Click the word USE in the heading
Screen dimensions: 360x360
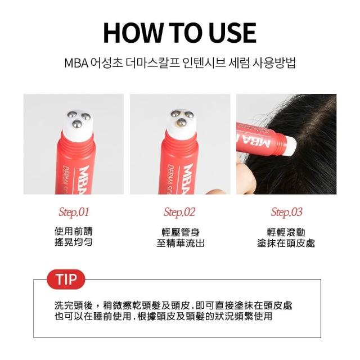click(232, 33)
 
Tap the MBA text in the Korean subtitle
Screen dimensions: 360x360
click(76, 64)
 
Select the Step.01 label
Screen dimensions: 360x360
click(74, 212)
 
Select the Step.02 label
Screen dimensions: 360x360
click(179, 212)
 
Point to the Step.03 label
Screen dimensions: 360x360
click(286, 212)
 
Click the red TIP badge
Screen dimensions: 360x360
click(66, 280)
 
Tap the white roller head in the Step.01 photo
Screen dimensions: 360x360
click(78, 125)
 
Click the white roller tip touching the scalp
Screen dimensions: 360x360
click(290, 146)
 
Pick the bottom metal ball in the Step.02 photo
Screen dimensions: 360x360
click(181, 123)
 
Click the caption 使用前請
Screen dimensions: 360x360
click(74, 231)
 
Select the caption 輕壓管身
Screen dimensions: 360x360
click(181, 232)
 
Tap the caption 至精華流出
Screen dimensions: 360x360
click(181, 243)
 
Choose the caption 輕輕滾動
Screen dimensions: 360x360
click(286, 232)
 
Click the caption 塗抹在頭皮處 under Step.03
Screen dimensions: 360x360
click(286, 243)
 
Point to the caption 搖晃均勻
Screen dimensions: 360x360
click(74, 242)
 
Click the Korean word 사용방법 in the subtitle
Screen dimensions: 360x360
click(274, 64)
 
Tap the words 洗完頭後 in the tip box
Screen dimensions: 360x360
click(74, 305)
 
